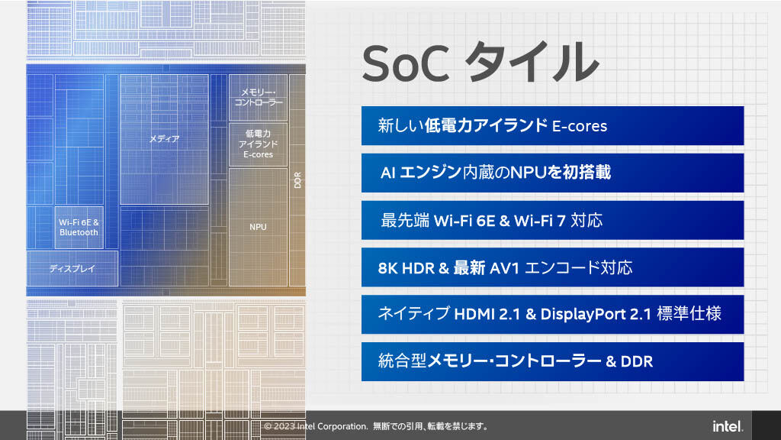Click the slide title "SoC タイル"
tap(480, 63)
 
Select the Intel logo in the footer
tap(728, 426)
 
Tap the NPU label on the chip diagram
tap(258, 227)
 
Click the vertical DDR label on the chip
tap(298, 180)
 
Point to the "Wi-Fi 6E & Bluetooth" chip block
tap(79, 228)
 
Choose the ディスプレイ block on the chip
tap(72, 268)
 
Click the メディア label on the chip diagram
tap(165, 139)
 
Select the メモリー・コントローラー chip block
tap(258, 98)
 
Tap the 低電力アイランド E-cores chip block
tap(258, 144)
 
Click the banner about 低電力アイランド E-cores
tap(552, 126)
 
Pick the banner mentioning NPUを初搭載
tap(552, 173)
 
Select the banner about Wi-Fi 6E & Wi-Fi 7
tap(552, 220)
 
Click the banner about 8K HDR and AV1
tap(552, 267)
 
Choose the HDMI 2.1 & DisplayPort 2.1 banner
tap(552, 314)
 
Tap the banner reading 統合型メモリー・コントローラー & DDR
tap(552, 361)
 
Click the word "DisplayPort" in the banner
tap(583, 314)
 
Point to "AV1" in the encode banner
tap(505, 268)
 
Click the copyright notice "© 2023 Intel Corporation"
tap(316, 426)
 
